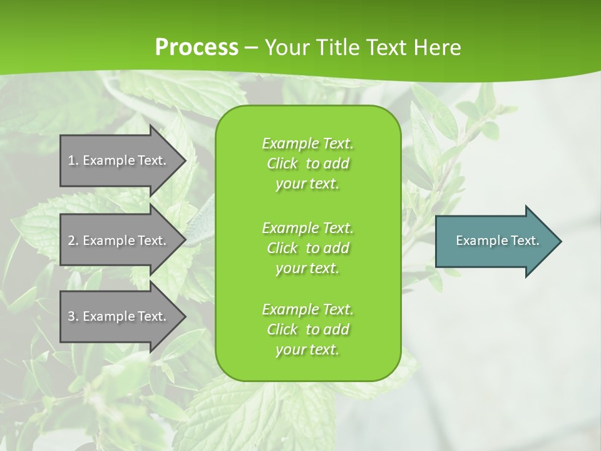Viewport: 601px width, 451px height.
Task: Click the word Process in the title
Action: [x=197, y=47]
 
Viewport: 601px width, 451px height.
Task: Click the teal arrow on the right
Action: [x=495, y=241]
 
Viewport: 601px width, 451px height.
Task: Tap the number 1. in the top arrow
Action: [x=73, y=160]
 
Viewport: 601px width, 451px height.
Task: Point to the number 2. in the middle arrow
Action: [x=73, y=241]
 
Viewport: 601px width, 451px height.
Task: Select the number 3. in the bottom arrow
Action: [x=73, y=316]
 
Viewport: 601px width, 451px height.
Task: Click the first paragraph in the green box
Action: [x=307, y=163]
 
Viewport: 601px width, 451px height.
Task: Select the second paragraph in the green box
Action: [x=307, y=247]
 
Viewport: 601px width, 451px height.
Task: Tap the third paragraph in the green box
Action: [x=307, y=329]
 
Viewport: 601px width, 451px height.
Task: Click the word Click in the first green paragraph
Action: [x=282, y=163]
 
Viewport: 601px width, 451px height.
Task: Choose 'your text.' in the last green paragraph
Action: [x=307, y=350]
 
